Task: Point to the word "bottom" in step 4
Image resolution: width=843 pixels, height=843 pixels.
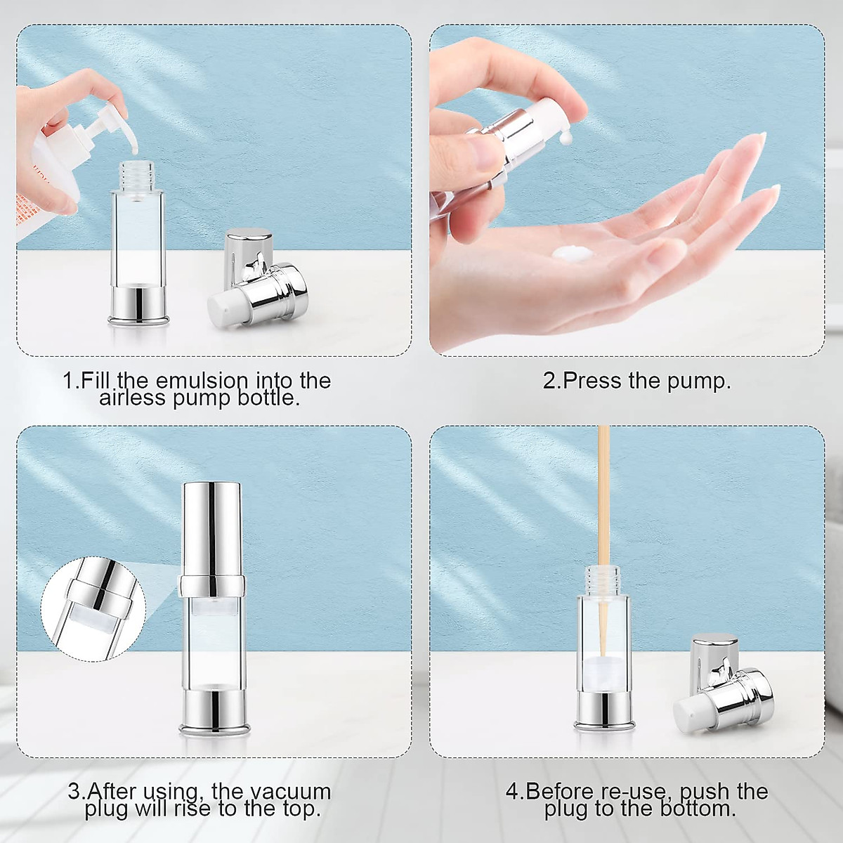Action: click(x=695, y=809)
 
